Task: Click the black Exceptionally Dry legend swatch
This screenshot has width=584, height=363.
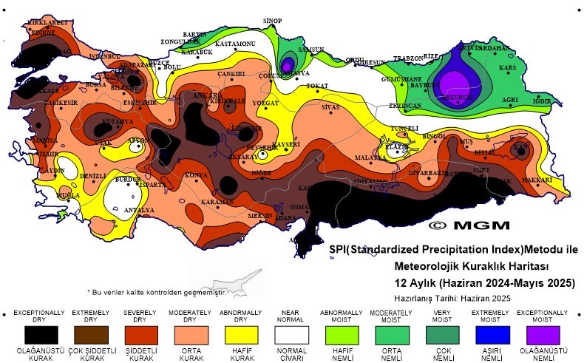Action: click(38, 334)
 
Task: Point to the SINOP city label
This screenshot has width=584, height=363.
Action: click(273, 21)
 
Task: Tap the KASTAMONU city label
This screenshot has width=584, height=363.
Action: click(234, 44)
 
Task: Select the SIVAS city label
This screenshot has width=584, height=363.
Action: click(330, 107)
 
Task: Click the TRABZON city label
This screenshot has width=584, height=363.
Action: click(407, 58)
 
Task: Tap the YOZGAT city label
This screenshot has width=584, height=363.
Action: click(265, 103)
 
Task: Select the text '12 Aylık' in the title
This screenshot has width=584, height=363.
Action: click(416, 283)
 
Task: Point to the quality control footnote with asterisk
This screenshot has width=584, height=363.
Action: click(156, 292)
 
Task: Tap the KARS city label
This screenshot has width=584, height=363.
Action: click(507, 68)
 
